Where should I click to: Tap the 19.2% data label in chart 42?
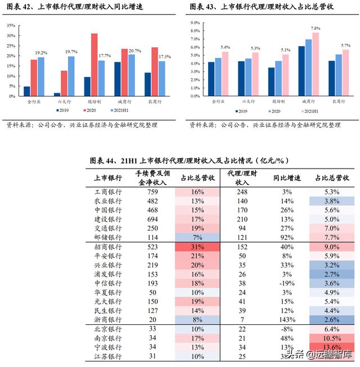pos(42,53)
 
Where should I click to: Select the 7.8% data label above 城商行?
pos(316,28)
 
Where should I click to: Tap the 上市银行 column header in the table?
pos(107,178)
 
